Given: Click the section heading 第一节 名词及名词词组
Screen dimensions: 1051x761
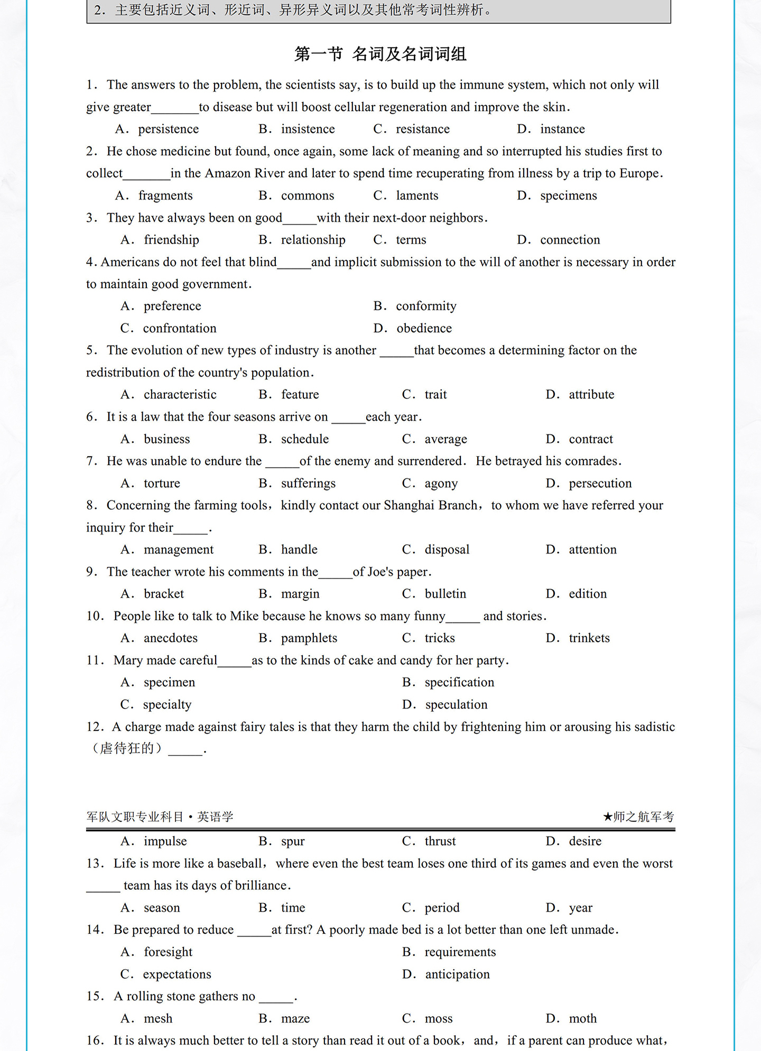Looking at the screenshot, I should pyautogui.click(x=380, y=54).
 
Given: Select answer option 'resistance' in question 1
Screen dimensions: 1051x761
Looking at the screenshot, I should pyautogui.click(x=422, y=129).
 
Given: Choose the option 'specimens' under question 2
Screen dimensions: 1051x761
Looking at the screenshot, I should pyautogui.click(x=568, y=196).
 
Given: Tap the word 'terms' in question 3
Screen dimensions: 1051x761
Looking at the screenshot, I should pyautogui.click(x=411, y=240).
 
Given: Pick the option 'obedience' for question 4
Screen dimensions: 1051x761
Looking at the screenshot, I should pyautogui.click(x=424, y=328).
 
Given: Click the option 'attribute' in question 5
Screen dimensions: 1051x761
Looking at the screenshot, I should pyautogui.click(x=591, y=395).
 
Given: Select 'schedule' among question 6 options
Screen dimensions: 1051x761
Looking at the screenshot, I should pyautogui.click(x=304, y=439).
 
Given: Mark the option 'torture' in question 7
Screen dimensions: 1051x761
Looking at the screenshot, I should pyautogui.click(x=162, y=483).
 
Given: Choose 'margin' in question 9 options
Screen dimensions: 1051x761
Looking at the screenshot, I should pyautogui.click(x=300, y=594).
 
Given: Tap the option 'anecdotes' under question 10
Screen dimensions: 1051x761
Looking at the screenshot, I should pyautogui.click(x=170, y=638).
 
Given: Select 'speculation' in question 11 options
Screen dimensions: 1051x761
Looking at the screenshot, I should pyautogui.click(x=456, y=704).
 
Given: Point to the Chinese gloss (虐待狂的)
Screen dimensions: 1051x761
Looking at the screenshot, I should pyautogui.click(x=127, y=749).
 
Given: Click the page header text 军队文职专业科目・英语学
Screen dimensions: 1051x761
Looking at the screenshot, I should pyautogui.click(x=160, y=817).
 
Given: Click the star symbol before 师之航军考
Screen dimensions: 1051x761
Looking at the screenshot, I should pyautogui.click(x=608, y=817).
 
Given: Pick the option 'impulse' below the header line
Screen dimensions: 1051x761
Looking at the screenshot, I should pyautogui.click(x=165, y=841).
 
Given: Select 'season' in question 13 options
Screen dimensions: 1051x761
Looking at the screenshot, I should pyautogui.click(x=162, y=908).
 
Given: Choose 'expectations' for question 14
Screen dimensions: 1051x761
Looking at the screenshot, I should pyautogui.click(x=177, y=974).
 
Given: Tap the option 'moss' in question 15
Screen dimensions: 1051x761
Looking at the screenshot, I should pyautogui.click(x=439, y=1018).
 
